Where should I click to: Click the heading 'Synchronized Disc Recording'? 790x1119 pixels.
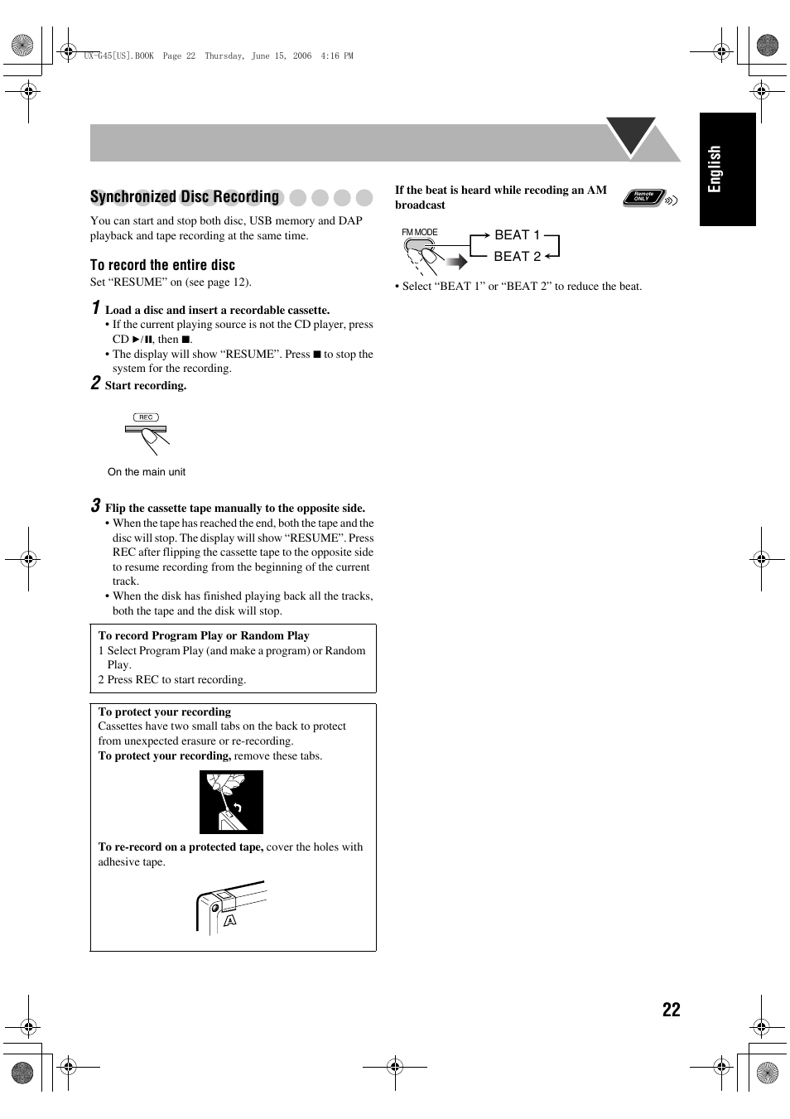point(185,197)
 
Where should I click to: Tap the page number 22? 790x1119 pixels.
point(671,1009)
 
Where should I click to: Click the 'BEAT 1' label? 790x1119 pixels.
point(517,235)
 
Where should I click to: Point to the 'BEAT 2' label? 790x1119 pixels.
point(517,257)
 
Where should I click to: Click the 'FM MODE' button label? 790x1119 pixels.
point(420,233)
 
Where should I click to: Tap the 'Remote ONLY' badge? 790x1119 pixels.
point(644,197)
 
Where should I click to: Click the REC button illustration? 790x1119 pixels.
point(146,418)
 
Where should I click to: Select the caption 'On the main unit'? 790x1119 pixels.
point(147,472)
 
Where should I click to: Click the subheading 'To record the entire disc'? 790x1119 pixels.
point(162,265)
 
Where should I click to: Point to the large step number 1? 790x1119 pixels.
point(95,308)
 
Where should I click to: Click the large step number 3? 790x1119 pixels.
point(95,506)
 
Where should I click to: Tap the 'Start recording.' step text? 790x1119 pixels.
point(146,386)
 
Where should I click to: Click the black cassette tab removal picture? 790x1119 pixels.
point(231,802)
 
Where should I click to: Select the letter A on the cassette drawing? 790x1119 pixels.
point(230,920)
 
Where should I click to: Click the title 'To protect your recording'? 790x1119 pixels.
point(165,711)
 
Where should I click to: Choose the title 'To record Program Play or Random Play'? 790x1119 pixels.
point(204,636)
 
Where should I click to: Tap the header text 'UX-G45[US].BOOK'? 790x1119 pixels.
point(118,56)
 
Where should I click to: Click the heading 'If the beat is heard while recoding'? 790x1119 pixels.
point(500,191)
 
